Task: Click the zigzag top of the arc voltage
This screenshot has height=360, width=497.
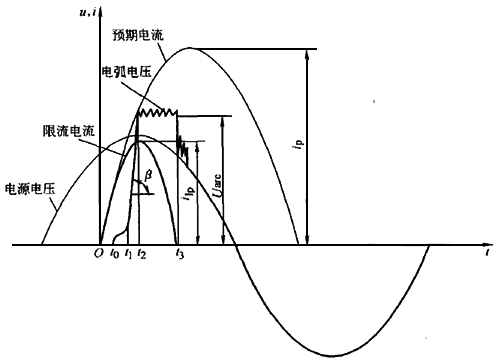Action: pos(156,115)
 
